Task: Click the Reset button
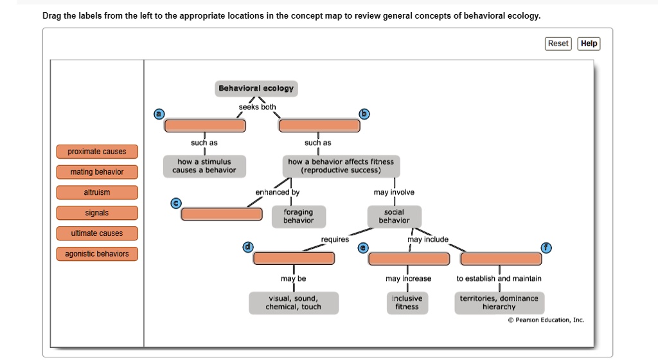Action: coord(558,44)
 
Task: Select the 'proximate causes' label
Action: coord(97,152)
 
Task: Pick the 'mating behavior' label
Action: coord(97,172)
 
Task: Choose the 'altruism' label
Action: coord(97,193)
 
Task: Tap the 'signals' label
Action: coord(97,213)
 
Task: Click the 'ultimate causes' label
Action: coord(97,233)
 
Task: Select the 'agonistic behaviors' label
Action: coord(97,254)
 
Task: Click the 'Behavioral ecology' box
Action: coord(256,89)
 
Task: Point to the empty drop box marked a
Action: coord(205,125)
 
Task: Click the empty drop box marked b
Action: coord(318,125)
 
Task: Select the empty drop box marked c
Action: coord(222,214)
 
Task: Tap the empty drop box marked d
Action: coord(294,258)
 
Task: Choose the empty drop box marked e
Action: coord(409,258)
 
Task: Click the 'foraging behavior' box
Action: coord(298,216)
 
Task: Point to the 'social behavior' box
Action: coord(394,216)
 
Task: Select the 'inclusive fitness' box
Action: coord(407,303)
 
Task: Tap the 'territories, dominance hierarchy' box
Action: coord(499,303)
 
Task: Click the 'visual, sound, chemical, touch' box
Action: coord(293,303)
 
